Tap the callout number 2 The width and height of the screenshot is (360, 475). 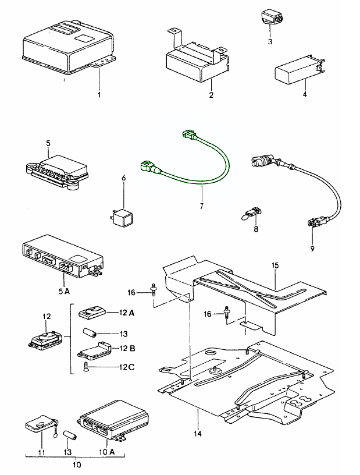point(211,94)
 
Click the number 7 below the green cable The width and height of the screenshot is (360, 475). point(202,207)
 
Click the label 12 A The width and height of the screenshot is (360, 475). point(127,313)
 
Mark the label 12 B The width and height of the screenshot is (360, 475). point(127,349)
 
